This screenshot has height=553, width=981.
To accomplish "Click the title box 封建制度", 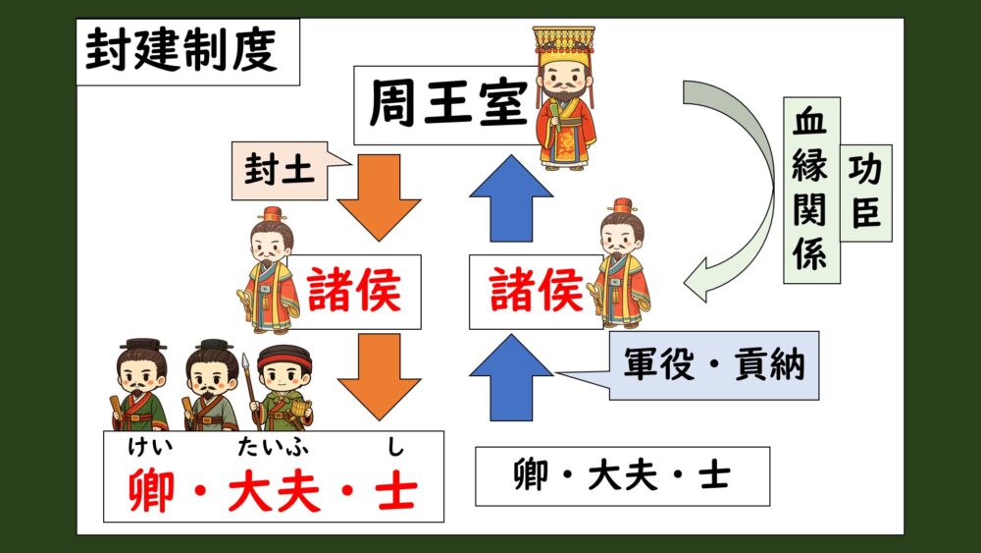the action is pos(187,52).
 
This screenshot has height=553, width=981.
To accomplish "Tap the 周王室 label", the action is pos(448,104).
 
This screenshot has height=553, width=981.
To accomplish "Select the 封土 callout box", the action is pos(280,170).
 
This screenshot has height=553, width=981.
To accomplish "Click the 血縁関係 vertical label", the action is pos(811,190).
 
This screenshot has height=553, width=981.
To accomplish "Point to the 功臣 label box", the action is pos(866,193).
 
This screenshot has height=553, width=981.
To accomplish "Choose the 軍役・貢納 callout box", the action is pos(713,365).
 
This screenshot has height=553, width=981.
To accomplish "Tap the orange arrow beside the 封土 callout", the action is pos(379,197).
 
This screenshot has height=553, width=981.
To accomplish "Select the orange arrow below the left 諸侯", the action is pos(379,376).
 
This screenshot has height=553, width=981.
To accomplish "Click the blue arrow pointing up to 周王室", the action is pos(511,197).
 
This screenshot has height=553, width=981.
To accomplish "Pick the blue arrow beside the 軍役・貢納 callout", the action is pos(511,377).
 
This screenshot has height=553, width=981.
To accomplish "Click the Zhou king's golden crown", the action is pos(564,47).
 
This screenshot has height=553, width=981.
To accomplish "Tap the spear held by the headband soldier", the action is pos(249,390).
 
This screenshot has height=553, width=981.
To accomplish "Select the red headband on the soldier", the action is pos(284,359).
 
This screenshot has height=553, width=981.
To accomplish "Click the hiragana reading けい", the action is pos(150,447).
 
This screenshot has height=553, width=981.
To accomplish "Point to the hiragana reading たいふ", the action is pos(273,447).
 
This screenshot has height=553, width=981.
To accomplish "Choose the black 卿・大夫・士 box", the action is pos(623,476).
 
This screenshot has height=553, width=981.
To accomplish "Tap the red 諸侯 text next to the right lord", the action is pos(537,290).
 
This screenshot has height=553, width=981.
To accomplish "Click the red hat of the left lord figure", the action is pos(272,214).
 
